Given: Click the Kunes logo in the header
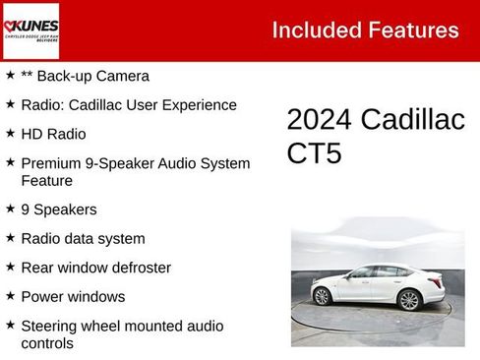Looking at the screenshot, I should coord(30,30).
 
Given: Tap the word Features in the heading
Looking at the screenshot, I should coord(412,30).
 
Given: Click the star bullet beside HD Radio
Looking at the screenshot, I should coord(10,133).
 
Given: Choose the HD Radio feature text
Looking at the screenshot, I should coord(53,134).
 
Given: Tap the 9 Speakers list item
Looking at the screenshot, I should coord(59,210).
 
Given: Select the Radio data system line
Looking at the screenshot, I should coord(83,238).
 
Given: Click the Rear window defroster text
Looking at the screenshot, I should coord(95,268).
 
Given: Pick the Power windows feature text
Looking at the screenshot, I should coord(73,296).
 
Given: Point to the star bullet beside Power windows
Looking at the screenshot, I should coord(10,295).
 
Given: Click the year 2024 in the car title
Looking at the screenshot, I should coord(319,120).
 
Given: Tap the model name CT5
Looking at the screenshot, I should coord(314,153).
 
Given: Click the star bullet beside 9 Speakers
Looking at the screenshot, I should coord(10,209).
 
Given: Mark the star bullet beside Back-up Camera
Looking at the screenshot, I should coord(10,75).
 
